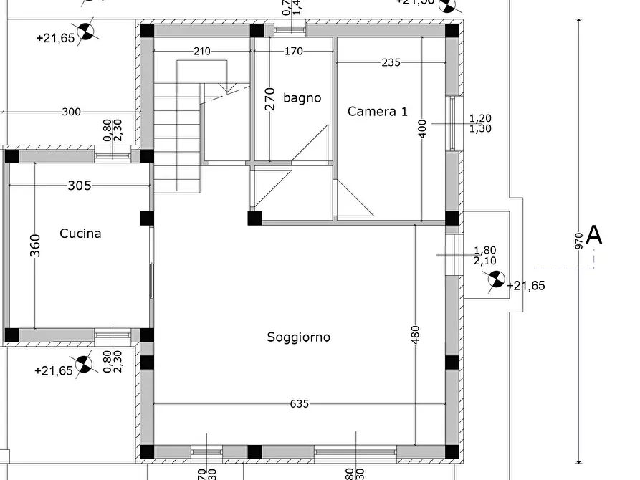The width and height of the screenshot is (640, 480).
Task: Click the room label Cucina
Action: (x=80, y=234)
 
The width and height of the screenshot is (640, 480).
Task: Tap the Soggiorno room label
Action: (x=299, y=337)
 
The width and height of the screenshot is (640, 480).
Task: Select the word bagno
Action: (x=302, y=98)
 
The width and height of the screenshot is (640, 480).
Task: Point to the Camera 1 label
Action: (x=378, y=111)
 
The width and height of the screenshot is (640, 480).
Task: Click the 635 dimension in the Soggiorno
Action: (x=300, y=404)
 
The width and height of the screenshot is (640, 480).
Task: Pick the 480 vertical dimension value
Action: (x=416, y=335)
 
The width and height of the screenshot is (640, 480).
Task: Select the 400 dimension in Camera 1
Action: (x=422, y=129)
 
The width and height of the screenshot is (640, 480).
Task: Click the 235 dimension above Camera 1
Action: (x=391, y=63)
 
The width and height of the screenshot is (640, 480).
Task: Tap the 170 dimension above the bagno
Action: (x=294, y=52)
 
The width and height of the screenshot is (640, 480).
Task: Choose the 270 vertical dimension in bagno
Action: (x=270, y=98)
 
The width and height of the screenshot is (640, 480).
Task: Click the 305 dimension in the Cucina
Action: (x=80, y=186)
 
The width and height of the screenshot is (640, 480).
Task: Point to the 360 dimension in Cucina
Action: (x=36, y=245)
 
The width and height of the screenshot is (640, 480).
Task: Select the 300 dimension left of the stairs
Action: (x=72, y=112)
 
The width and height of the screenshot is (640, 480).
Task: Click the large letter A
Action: (x=594, y=235)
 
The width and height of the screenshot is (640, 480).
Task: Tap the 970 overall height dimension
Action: (x=579, y=240)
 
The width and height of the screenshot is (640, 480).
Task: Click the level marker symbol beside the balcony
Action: (x=496, y=279)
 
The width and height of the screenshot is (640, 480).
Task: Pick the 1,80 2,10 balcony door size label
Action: (x=484, y=256)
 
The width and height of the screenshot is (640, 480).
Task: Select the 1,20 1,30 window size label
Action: (x=479, y=123)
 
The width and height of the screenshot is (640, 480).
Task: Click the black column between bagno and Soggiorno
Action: (x=254, y=218)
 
